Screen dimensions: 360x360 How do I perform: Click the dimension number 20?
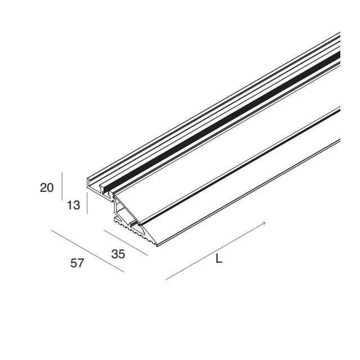[47, 187]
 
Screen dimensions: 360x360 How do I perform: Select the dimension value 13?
[74, 205]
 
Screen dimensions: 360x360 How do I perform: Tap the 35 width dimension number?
[118, 254]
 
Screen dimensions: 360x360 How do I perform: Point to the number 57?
[77, 263]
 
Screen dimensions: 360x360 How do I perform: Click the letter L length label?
[219, 259]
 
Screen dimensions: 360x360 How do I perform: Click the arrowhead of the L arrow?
[264, 223]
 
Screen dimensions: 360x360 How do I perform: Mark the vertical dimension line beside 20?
[62, 186]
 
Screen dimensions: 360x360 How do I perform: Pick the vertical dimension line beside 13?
[87, 203]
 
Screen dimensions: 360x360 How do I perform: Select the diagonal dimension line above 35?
[125, 242]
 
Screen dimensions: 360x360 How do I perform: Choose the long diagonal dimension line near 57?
[88, 251]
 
